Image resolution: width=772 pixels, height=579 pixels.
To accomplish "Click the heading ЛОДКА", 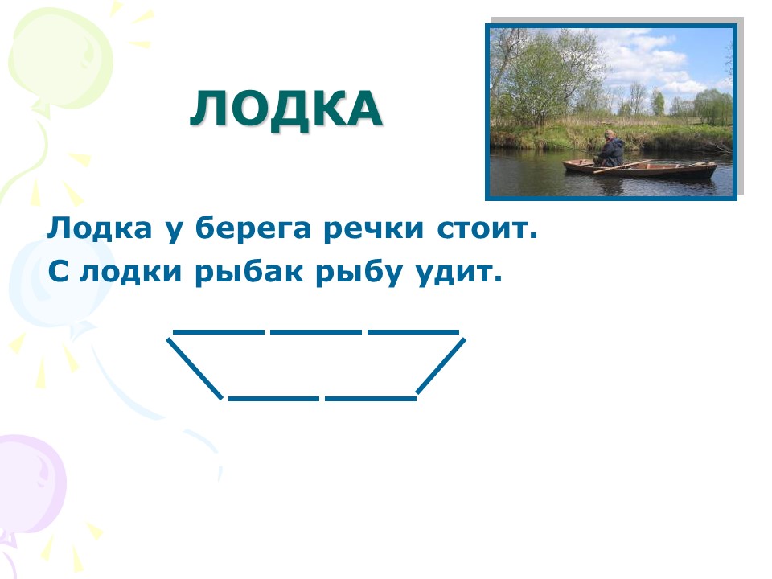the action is click(286, 110).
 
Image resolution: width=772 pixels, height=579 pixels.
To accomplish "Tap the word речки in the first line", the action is click(373, 230).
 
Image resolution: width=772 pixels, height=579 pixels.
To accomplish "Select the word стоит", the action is click(487, 229).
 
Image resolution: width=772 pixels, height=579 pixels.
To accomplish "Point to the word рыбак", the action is click(248, 273).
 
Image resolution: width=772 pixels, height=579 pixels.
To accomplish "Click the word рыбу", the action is click(359, 273).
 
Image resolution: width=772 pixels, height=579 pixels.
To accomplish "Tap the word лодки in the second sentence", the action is click(130, 273).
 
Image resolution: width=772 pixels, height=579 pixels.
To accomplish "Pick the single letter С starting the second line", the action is click(58, 272).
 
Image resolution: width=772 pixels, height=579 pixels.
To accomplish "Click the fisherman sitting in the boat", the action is click(610, 149).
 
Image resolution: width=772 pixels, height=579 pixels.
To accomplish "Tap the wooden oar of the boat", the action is click(622, 166).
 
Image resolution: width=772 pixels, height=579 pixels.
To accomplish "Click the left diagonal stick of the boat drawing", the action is click(195, 368).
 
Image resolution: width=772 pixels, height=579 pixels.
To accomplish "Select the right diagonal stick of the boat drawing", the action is click(441, 366).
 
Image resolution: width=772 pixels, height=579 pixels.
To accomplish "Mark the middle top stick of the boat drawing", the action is click(315, 332).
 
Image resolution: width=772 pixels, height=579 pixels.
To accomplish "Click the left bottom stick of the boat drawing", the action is click(273, 398).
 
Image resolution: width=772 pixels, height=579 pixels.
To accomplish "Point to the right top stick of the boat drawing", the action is click(413, 332).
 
